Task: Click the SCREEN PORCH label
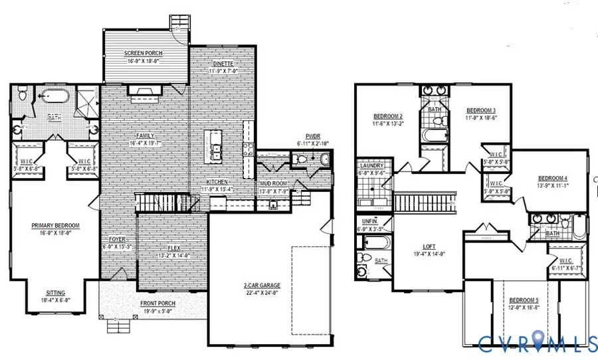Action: [x=144, y=53]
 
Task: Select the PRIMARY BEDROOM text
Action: [x=55, y=226]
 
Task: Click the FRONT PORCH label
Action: [x=157, y=304]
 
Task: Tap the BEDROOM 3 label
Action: [x=481, y=110]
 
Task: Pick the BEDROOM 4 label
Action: [x=552, y=179]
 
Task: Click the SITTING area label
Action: [x=55, y=292]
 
